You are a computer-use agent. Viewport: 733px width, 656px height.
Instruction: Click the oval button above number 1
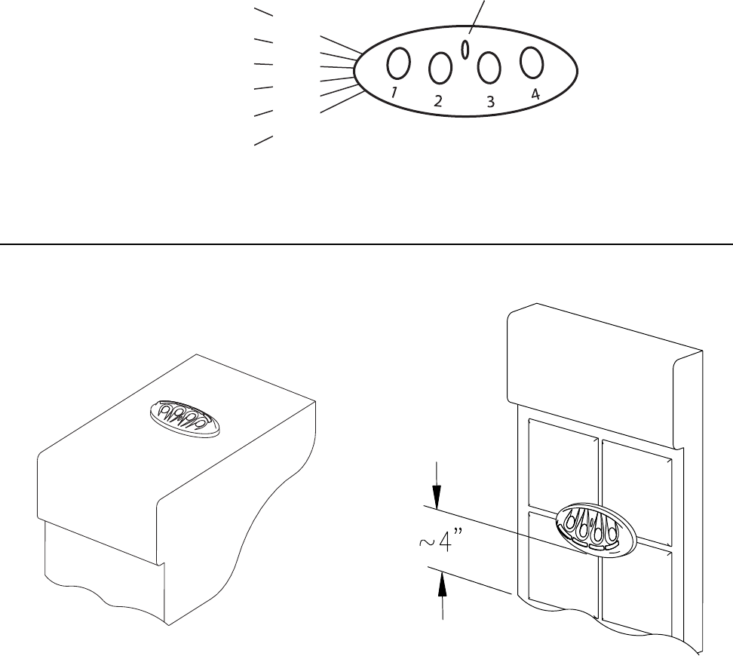pos(399,63)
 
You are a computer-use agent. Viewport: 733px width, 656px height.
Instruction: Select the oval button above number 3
pos(489,68)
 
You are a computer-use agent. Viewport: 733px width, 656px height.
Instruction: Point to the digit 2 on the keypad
pos(438,102)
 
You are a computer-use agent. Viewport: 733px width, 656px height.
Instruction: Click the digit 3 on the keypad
pos(490,103)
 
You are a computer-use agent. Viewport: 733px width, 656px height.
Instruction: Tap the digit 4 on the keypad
pos(535,95)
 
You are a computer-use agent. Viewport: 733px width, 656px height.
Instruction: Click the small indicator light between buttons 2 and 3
pos(465,49)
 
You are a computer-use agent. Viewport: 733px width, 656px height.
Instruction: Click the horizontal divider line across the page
pos(366,244)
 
